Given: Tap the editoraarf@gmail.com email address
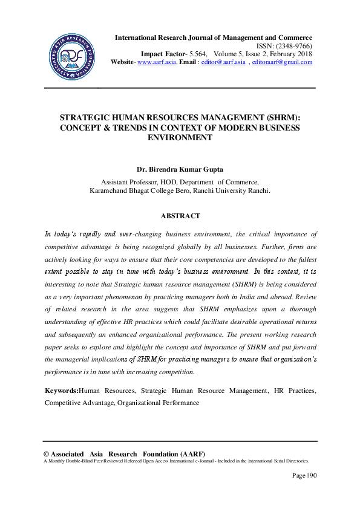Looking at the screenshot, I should [282, 62].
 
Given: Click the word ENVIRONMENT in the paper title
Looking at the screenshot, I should [180, 137].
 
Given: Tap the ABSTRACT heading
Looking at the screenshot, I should [180, 215].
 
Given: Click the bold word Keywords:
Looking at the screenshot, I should [62, 391].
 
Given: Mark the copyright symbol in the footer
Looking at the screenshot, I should [47, 454].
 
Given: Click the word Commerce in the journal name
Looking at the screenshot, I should [293, 37].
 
